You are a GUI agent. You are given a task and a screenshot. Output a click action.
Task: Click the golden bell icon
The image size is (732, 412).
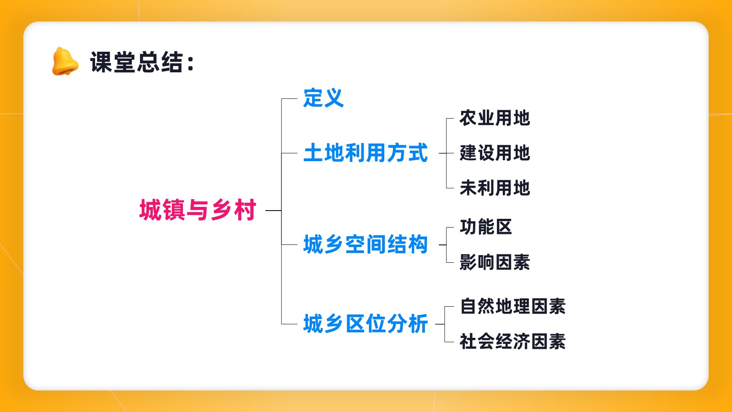(x=65, y=61)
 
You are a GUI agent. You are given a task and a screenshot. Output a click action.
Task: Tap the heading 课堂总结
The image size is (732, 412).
(x=136, y=62)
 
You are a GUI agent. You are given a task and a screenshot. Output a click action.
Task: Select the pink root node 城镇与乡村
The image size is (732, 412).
(x=198, y=210)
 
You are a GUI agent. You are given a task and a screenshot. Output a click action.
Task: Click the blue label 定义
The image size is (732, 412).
(x=323, y=98)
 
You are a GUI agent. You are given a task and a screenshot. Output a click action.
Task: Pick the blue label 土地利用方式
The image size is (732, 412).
(x=366, y=153)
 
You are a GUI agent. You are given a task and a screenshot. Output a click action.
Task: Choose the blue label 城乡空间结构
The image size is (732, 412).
(x=366, y=244)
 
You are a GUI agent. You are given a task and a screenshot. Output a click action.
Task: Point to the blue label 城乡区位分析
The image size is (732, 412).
(x=366, y=324)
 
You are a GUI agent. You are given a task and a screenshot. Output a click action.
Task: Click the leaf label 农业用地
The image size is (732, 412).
(x=495, y=118)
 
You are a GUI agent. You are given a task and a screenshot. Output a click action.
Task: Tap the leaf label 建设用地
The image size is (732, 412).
(x=495, y=153)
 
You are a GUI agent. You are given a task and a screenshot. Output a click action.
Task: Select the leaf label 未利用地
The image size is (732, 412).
(x=495, y=188)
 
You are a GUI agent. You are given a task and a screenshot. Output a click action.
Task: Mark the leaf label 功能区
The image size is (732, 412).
(x=485, y=227)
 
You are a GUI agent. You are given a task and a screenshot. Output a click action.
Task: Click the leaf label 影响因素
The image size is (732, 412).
(x=495, y=262)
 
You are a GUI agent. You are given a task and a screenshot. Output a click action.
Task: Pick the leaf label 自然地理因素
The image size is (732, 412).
(x=513, y=306)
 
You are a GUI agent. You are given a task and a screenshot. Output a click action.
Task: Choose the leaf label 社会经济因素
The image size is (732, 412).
(x=513, y=342)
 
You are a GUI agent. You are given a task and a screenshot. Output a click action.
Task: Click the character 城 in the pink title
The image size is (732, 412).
(x=150, y=210)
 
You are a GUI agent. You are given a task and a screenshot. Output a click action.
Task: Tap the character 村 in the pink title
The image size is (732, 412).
(x=245, y=210)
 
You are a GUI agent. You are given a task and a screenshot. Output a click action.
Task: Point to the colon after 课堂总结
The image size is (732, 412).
(x=191, y=63)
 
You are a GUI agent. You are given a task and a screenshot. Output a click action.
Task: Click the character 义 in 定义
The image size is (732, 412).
(x=334, y=98)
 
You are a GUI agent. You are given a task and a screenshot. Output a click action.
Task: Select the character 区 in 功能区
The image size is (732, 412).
(x=504, y=227)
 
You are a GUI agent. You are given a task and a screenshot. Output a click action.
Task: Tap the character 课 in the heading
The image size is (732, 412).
(x=101, y=62)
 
